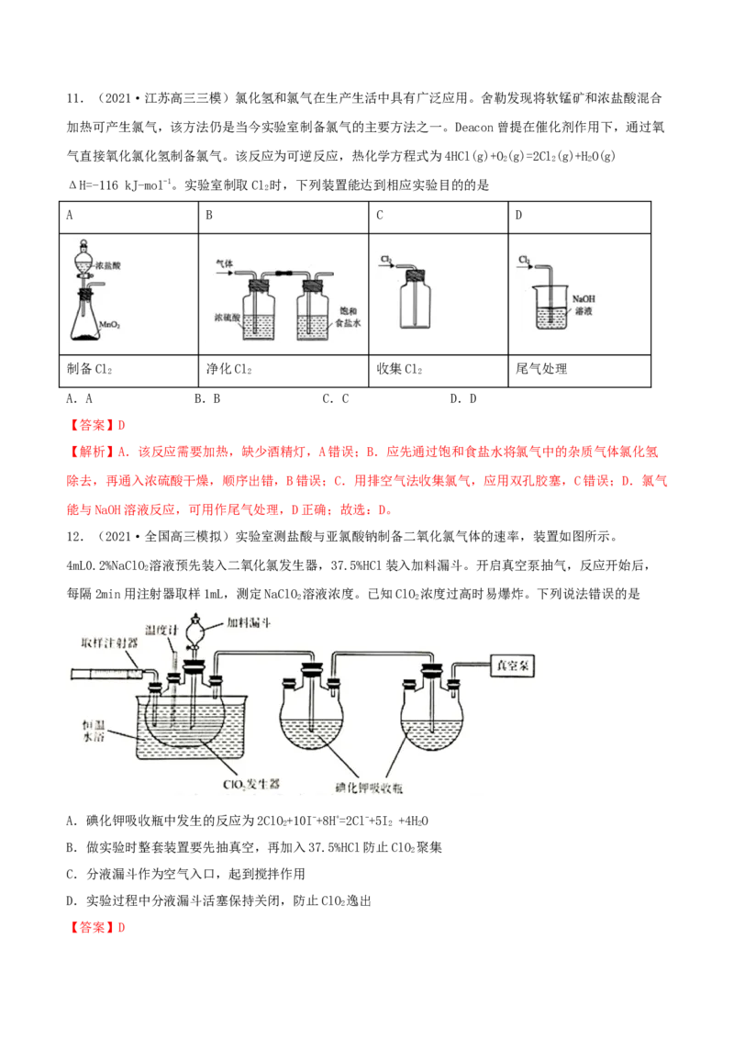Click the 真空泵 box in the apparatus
point(512,665)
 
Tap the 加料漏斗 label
point(249,623)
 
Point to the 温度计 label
point(161,630)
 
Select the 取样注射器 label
point(109,642)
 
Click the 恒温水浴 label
point(94,731)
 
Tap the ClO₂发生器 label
point(251,785)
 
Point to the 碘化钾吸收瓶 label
point(368,788)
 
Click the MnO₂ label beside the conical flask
point(109,325)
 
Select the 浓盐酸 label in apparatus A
point(107,265)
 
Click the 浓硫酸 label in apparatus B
point(228,318)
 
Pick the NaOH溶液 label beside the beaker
point(584,305)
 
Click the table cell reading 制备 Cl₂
point(128,371)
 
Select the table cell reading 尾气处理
point(579,371)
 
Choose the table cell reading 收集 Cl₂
point(438,371)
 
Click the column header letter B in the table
point(209,216)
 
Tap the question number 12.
point(75,536)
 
